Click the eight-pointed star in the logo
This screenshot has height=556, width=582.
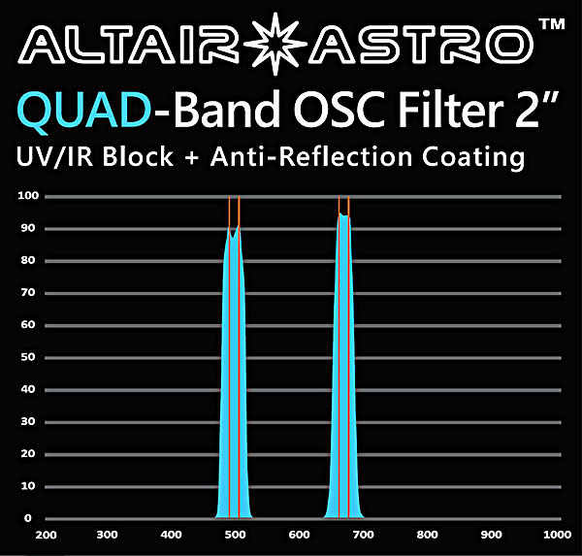pos(275,44)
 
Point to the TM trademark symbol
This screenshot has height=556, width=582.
pos(552,24)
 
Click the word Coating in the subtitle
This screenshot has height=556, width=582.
pos(473,157)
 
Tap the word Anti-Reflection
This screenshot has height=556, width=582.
pos(311,156)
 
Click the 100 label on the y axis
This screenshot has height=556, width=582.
pos(28,196)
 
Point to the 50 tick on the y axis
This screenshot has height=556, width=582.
pos(28,357)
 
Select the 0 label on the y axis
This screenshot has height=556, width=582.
pos(28,518)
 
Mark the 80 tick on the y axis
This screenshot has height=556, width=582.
pos(28,260)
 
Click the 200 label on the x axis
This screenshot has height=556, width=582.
pos(46,535)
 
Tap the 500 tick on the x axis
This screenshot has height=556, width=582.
pos(235,535)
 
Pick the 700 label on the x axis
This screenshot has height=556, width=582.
pos(363,535)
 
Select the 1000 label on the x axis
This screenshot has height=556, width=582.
pos(557,535)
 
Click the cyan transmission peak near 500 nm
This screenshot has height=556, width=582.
pos(234,372)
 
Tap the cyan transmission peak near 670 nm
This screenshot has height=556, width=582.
pos(344,372)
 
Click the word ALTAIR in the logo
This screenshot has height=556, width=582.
pos(129,45)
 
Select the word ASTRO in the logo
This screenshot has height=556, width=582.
pos(422,45)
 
